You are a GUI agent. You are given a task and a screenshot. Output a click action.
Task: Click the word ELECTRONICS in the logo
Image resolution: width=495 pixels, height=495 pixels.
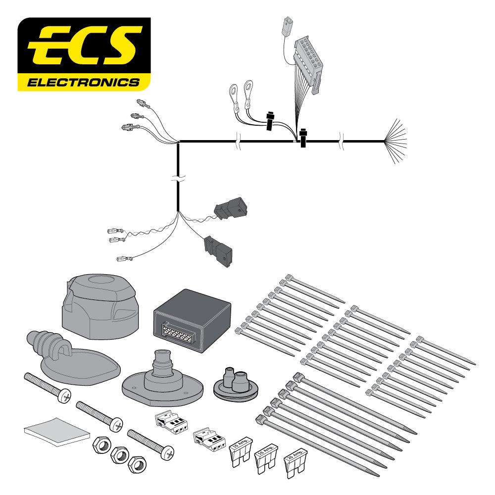point(83,82)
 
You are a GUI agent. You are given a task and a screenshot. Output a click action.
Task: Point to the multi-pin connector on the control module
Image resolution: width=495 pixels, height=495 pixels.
point(174,335)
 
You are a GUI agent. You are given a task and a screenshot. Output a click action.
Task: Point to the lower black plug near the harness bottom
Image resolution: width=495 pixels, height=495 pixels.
point(218,250)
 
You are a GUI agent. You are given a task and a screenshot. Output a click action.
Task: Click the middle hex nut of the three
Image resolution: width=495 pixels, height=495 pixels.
point(118,452)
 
